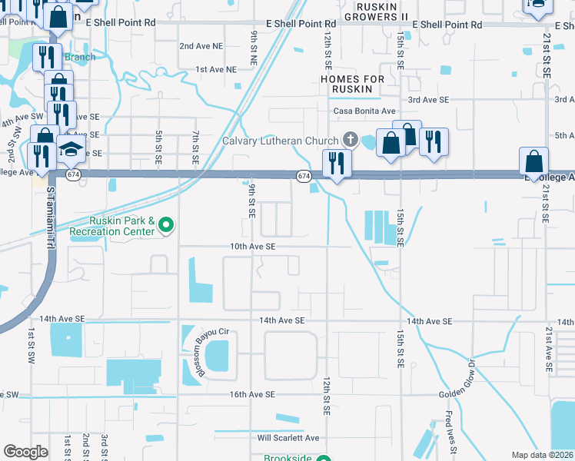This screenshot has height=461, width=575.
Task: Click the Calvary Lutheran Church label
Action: click(281, 141)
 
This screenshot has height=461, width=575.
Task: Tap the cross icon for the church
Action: click(351, 140)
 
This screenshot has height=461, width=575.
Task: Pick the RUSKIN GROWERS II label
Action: click(376, 11)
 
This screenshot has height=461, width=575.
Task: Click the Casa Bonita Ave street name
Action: click(364, 111)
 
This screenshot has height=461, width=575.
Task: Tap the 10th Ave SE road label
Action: click(253, 247)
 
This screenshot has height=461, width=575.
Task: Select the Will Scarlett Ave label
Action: click(288, 438)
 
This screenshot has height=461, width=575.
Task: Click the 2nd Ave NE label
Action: click(198, 46)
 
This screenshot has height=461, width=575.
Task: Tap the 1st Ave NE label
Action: click(215, 69)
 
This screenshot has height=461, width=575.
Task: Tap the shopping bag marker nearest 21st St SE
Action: click(533, 162)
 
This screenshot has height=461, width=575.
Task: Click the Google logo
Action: click(25, 452)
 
